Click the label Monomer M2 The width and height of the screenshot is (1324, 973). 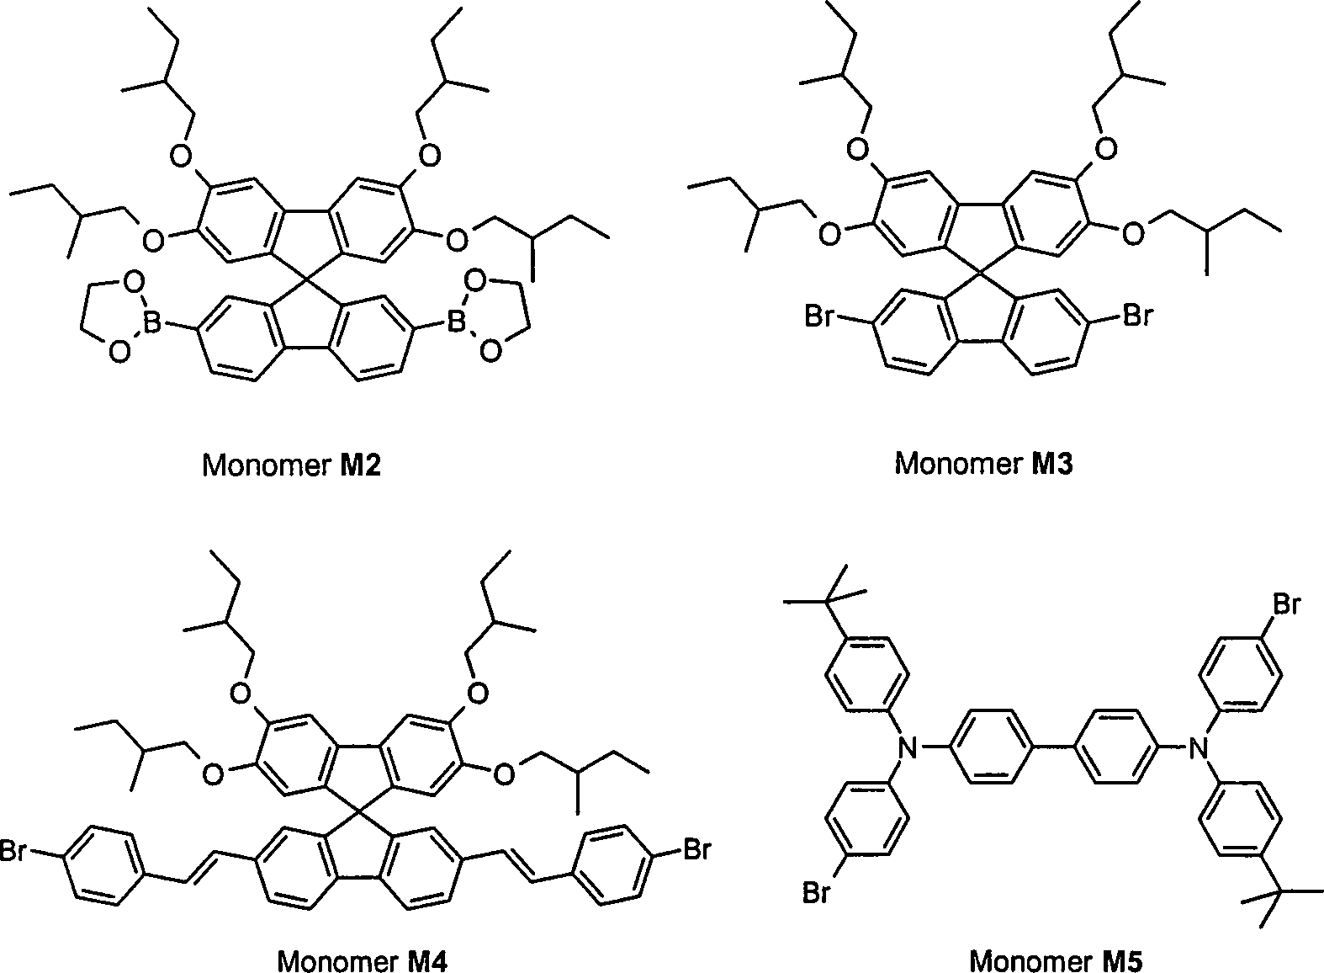291,465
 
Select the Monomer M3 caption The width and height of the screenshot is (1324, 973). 983,463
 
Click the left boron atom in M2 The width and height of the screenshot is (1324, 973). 152,323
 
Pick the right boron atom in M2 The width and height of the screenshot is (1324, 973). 456,323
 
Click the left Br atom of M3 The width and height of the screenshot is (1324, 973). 819,316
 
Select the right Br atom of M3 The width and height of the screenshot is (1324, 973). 1138,316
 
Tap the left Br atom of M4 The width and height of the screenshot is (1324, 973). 13,851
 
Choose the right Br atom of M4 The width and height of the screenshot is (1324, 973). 696,849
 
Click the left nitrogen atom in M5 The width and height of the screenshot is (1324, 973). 907,748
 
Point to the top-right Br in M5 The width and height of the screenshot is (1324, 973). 1287,604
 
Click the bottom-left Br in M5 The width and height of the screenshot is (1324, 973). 817,892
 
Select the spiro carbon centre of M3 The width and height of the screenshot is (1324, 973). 979,274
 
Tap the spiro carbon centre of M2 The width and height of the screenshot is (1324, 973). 306,278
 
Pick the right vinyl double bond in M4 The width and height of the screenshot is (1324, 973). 516,867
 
